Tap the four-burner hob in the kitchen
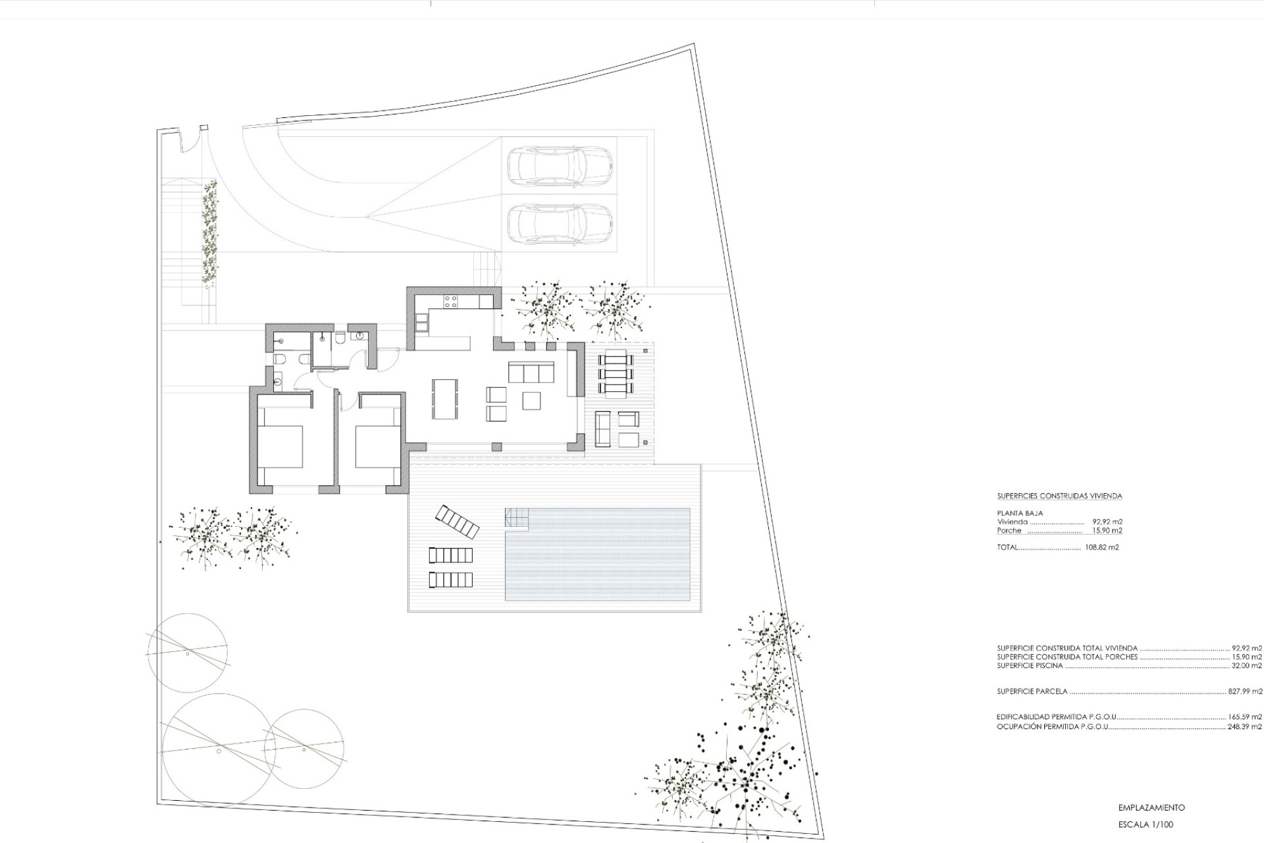451,302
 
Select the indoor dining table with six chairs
446,398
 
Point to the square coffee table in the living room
531,400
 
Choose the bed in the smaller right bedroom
377,447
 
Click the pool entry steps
517,518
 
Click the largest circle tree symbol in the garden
219,749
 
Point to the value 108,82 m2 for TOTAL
1102,547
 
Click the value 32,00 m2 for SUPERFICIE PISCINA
1247,666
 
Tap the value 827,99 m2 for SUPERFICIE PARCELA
1246,692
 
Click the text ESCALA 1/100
1145,825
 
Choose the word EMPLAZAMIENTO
1151,807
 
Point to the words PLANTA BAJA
1020,513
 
